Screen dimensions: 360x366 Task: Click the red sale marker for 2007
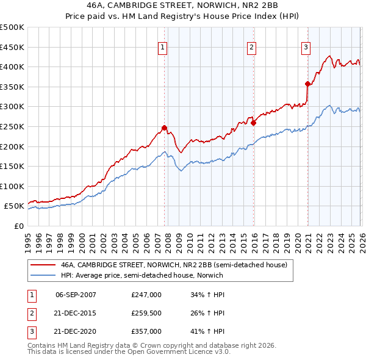[164, 128]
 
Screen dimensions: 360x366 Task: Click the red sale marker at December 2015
[253, 123]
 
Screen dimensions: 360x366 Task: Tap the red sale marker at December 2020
[307, 84]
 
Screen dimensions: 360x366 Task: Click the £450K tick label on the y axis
[12, 47]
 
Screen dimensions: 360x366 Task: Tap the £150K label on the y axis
[12, 166]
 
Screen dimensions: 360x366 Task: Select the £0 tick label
[18, 226]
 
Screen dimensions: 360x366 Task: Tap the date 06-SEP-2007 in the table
[76, 295]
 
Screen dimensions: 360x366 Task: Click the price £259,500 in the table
[146, 313]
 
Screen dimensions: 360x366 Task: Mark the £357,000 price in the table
[146, 331]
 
